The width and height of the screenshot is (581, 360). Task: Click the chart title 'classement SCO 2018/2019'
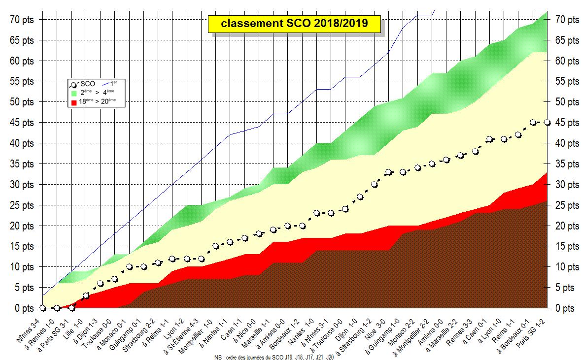pos(294,23)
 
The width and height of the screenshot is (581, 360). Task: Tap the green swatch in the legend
pos(74,93)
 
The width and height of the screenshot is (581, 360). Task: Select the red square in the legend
pos(74,102)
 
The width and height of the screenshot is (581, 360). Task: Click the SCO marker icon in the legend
pos(74,85)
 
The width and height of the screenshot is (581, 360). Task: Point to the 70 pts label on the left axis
pos(22,20)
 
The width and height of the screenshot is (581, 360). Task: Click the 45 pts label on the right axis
pos(567,123)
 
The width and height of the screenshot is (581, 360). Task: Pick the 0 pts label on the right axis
pos(565,308)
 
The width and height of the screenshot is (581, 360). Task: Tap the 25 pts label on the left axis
pos(22,205)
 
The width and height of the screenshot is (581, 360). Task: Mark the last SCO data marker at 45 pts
pos(547,123)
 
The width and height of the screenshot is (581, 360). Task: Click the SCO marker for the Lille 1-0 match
pos(86,295)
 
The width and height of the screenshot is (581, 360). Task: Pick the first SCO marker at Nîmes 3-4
pos(42,308)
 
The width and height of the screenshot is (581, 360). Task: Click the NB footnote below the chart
pos(274,358)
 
